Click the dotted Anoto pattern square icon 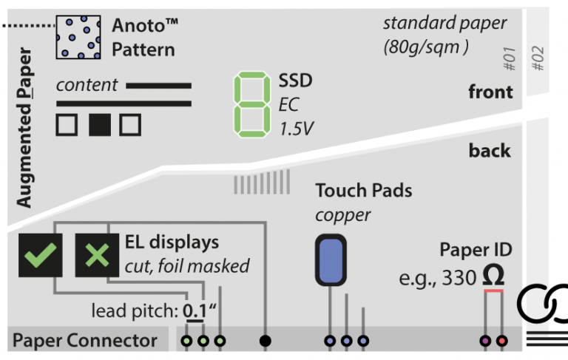pyautogui.click(x=78, y=38)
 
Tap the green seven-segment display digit pyautogui.click(x=250, y=103)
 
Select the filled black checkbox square pyautogui.click(x=99, y=124)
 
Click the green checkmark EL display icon pyautogui.click(x=40, y=255)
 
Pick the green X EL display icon pyautogui.click(x=97, y=255)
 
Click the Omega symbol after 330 pyautogui.click(x=493, y=276)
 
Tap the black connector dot pyautogui.click(x=266, y=342)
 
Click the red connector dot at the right pyautogui.click(x=502, y=342)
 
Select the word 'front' pyautogui.click(x=490, y=92)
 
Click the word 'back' pyautogui.click(x=490, y=151)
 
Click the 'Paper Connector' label pyautogui.click(x=85, y=342)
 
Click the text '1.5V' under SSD pyautogui.click(x=296, y=129)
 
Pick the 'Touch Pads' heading pyautogui.click(x=363, y=191)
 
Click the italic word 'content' pyautogui.click(x=87, y=85)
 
